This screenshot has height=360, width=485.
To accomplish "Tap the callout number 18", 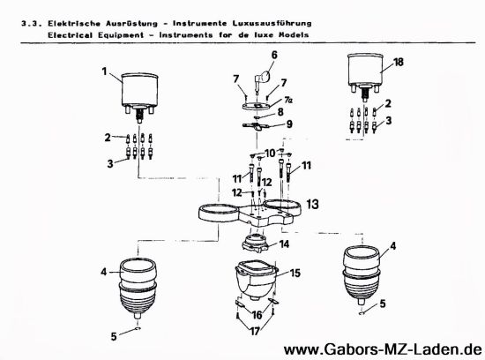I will click(399, 64).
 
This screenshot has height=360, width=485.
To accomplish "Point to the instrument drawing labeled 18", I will click(369, 71).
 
